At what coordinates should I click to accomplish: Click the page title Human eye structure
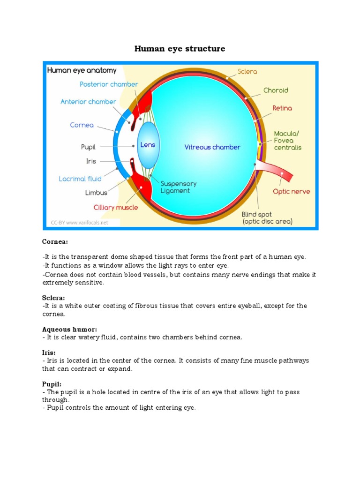tap(180, 49)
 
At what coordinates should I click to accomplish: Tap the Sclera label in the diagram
tap(247, 72)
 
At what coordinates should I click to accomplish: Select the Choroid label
tap(276, 90)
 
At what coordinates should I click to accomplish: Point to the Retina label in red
tap(282, 108)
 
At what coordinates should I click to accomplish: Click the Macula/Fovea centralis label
tap(287, 140)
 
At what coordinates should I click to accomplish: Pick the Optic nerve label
tap(291, 191)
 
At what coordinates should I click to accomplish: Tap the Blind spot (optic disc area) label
tap(267, 218)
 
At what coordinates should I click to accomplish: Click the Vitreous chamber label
tap(212, 147)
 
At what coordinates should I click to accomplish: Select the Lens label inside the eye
tap(148, 145)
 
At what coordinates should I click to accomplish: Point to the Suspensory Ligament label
tap(178, 187)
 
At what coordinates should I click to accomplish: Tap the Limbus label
tap(96, 193)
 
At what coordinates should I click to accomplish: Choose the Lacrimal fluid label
tap(80, 179)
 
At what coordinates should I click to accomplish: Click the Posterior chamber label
tap(109, 84)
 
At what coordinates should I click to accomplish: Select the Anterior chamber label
tap(88, 101)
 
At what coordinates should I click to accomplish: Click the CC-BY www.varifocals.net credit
tap(79, 223)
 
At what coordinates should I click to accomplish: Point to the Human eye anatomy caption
tap(82, 70)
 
